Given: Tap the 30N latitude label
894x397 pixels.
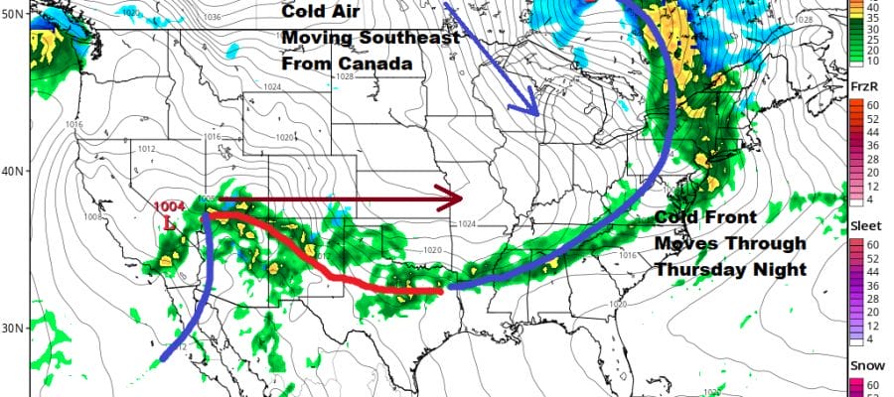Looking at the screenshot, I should (14, 329).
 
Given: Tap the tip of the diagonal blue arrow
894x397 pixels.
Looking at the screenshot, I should (538, 115).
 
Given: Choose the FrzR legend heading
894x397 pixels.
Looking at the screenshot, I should (860, 88).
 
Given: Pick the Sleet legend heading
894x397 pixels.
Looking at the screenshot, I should (861, 227).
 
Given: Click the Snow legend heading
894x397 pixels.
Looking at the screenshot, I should (861, 366).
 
